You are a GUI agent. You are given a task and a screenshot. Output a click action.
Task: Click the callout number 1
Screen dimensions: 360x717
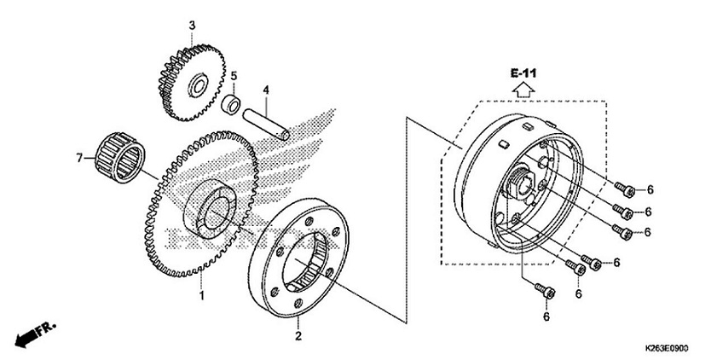[202, 296]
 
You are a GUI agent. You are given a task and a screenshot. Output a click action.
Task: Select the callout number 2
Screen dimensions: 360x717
[299, 325]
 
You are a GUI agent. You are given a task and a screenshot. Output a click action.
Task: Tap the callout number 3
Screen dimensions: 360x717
[192, 26]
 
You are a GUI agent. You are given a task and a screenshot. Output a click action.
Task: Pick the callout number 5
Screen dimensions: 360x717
[234, 76]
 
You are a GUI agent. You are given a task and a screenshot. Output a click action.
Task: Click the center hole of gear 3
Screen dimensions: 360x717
[197, 85]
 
